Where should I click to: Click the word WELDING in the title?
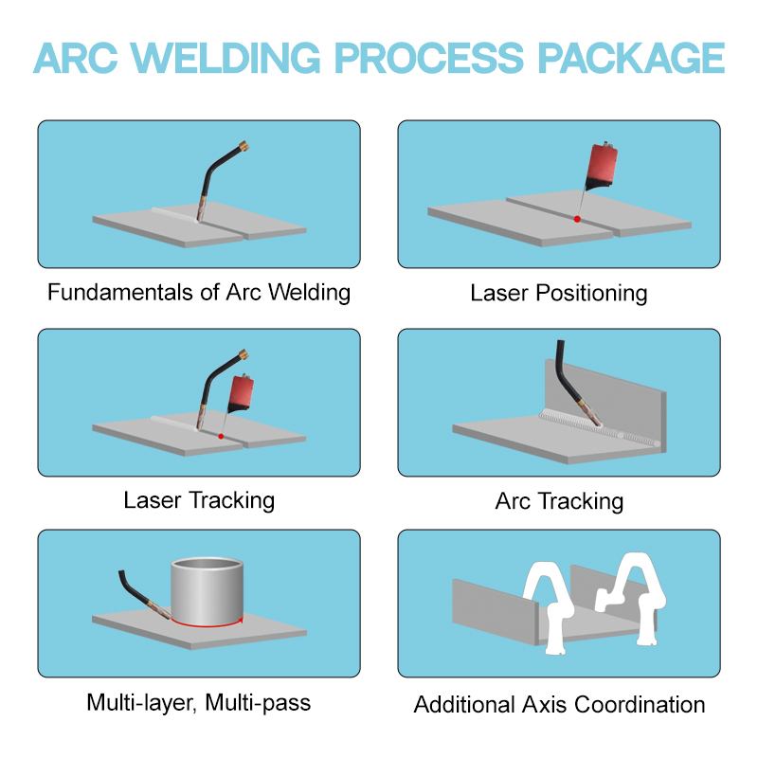[226, 58]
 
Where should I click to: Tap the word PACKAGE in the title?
[631, 58]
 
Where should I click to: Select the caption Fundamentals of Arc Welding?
[199, 293]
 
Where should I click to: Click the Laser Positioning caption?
[559, 293]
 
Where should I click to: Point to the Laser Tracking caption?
[199, 500]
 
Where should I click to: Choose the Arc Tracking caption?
[559, 501]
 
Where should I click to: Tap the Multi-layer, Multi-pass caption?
[199, 703]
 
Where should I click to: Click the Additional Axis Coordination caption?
[559, 704]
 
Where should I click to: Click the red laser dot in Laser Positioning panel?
[577, 219]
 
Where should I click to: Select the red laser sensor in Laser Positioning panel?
[602, 165]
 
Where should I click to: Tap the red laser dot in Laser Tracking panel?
[221, 437]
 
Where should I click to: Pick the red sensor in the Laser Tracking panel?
[241, 393]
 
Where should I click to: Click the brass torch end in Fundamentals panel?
[244, 146]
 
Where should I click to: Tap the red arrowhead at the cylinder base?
[240, 621]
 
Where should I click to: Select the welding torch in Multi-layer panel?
[143, 595]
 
